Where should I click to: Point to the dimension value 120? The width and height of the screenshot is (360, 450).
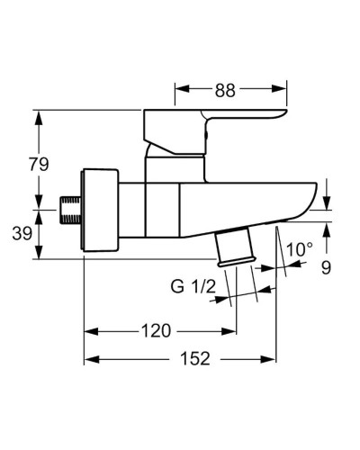[x=155, y=331]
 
